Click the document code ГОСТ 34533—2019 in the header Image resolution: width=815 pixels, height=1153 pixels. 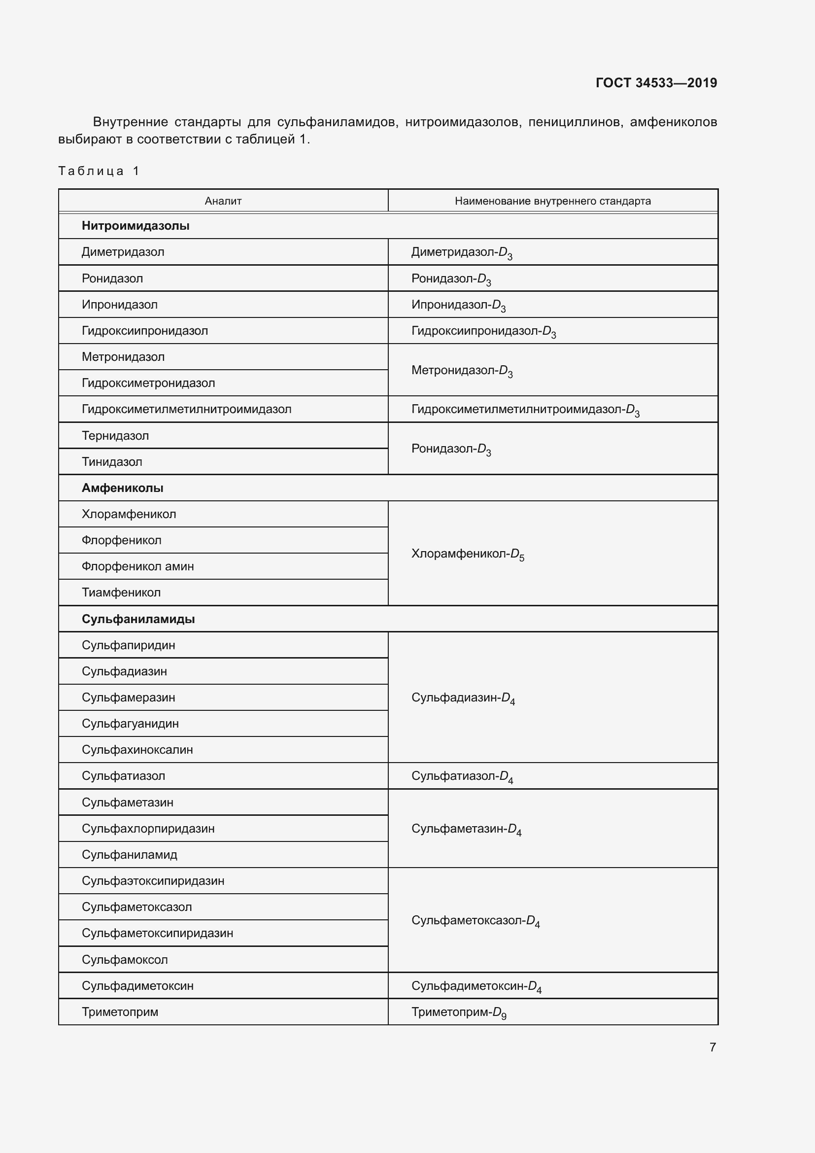[x=656, y=83]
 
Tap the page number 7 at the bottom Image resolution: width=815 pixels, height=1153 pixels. [x=712, y=1047]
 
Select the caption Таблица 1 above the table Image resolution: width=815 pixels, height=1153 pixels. [x=99, y=171]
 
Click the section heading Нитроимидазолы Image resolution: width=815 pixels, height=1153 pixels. [x=136, y=226]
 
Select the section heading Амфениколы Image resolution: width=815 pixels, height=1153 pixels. [x=123, y=488]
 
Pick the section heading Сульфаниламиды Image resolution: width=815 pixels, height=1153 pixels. [x=138, y=619]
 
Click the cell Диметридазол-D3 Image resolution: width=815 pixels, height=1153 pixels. [x=461, y=252]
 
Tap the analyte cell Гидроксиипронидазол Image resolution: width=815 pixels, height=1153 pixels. [x=144, y=331]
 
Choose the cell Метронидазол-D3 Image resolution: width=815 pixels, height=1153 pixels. [x=461, y=371]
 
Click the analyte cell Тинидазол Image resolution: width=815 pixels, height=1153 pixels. [x=112, y=462]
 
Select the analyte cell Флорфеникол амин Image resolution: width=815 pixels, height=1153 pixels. [x=137, y=566]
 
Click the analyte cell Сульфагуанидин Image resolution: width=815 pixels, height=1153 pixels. [x=130, y=724]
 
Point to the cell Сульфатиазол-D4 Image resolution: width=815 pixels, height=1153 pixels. [x=462, y=776]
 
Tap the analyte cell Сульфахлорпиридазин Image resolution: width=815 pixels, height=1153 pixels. [x=148, y=829]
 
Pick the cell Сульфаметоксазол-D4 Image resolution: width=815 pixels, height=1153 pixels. [x=475, y=920]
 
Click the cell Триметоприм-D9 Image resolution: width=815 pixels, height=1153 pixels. [x=458, y=1013]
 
